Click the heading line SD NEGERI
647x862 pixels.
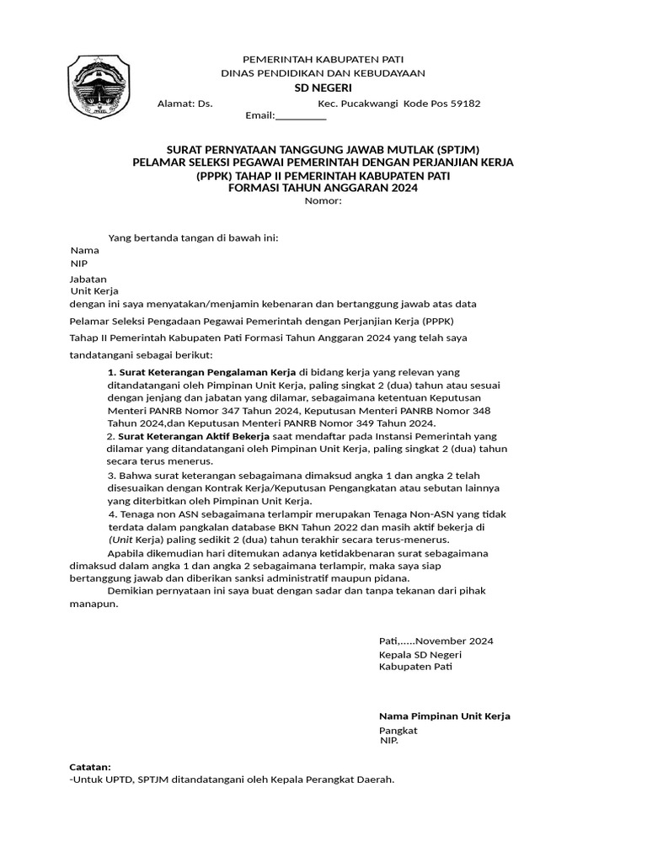tap(323, 88)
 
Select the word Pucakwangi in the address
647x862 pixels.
tap(373, 104)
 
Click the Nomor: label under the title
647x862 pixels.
tap(323, 201)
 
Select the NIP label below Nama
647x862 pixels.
tap(79, 263)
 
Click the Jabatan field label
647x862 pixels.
tap(88, 279)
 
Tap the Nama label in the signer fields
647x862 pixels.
tap(84, 250)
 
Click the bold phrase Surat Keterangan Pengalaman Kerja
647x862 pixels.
tap(207, 371)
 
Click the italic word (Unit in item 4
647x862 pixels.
tap(122, 540)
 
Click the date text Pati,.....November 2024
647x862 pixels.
tap(436, 641)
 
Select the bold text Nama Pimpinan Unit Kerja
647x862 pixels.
tap(444, 716)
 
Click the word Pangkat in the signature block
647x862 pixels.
tap(398, 730)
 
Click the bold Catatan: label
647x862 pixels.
tap(89, 767)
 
